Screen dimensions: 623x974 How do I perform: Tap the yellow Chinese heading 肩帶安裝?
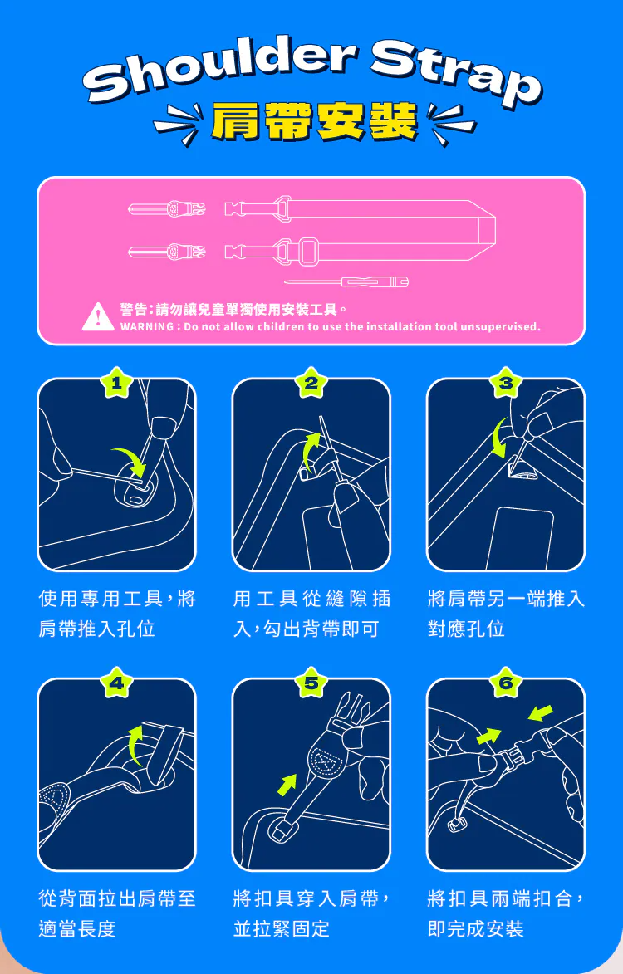point(314,121)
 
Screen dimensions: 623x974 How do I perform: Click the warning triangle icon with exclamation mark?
point(97,317)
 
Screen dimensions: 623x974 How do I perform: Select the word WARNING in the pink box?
point(146,326)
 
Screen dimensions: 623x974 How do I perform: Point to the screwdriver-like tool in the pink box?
point(346,282)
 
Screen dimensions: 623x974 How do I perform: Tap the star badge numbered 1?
point(116,384)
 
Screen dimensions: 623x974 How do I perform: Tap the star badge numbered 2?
point(311,384)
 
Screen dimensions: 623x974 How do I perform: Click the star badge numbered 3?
point(506,384)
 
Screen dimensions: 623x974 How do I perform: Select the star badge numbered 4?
point(116,683)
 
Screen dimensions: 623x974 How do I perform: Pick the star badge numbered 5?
point(311,683)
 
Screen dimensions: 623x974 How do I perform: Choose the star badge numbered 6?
point(506,683)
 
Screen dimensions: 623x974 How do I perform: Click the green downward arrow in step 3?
point(496,438)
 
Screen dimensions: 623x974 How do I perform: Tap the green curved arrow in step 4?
point(135,746)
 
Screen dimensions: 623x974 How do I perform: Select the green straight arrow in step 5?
point(287,786)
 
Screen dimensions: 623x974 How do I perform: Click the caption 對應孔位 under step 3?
point(467,629)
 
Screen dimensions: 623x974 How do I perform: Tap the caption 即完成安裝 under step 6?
point(476,928)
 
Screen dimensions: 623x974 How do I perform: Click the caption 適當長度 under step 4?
point(77,928)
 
